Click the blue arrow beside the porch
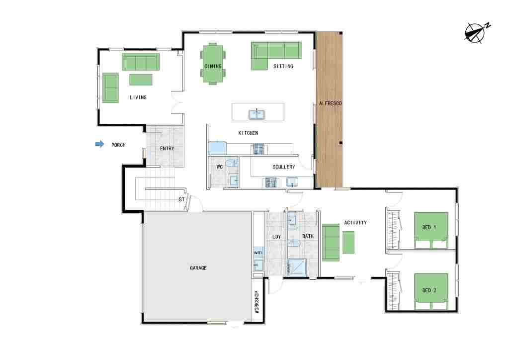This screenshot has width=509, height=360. pyautogui.click(x=99, y=144)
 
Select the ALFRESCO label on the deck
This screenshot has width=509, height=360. pyautogui.click(x=330, y=103)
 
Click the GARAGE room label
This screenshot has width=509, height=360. pyautogui.click(x=198, y=268)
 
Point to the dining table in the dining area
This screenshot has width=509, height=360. pyautogui.click(x=213, y=64)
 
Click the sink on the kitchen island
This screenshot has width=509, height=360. pyautogui.click(x=257, y=114)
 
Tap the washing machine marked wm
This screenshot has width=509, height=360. pyautogui.click(x=258, y=253)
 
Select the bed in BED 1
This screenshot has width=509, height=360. pyautogui.click(x=431, y=231)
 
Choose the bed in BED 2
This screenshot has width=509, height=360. pyautogui.click(x=431, y=292)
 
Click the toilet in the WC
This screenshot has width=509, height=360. pyautogui.click(x=232, y=163)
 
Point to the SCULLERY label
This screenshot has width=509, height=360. pyautogui.click(x=284, y=167)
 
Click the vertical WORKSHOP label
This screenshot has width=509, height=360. pyautogui.click(x=257, y=301)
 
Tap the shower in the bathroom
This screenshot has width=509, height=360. pyautogui.click(x=297, y=268)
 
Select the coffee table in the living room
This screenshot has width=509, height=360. pyautogui.click(x=141, y=80)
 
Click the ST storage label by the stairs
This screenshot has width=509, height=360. pyautogui.click(x=181, y=199)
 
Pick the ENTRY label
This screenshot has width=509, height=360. pyautogui.click(x=167, y=148)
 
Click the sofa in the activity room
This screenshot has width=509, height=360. pyautogui.click(x=331, y=242)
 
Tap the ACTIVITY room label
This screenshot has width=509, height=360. pyautogui.click(x=355, y=223)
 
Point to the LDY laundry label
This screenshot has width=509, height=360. pyautogui.click(x=276, y=237)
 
